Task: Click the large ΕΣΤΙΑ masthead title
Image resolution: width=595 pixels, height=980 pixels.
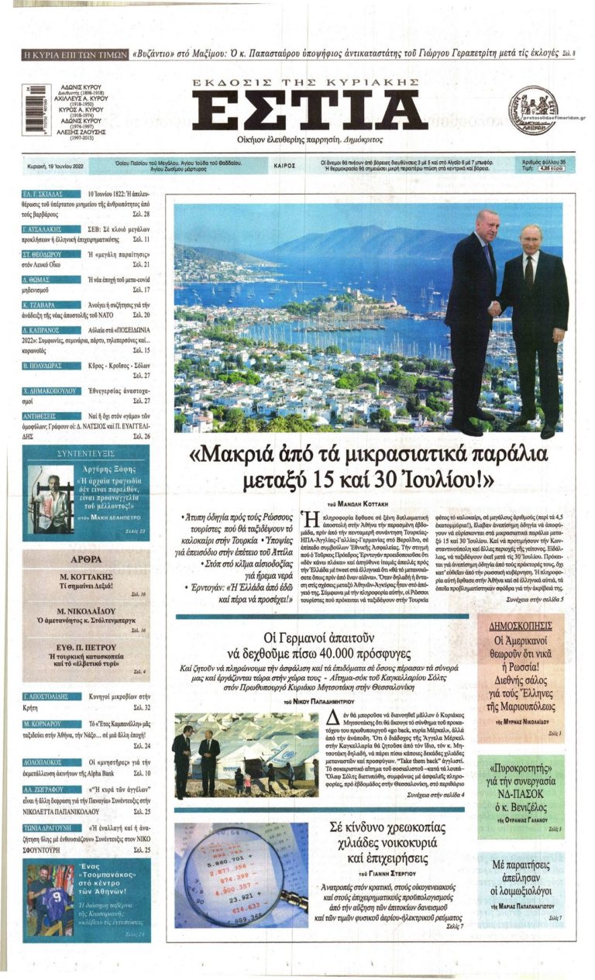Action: click(x=309, y=111)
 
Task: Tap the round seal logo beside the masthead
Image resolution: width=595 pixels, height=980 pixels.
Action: click(x=533, y=110)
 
